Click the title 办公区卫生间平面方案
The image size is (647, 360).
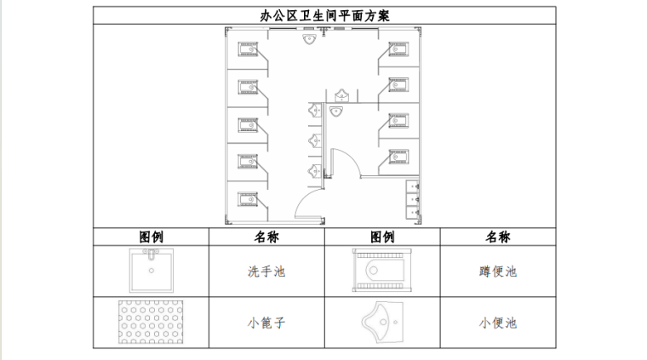click(323, 15)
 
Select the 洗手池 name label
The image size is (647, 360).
click(266, 272)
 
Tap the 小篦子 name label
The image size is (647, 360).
click(266, 323)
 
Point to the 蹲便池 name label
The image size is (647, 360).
click(497, 272)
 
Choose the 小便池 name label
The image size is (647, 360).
click(497, 323)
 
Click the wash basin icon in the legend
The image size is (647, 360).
click(152, 271)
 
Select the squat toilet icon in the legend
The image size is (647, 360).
click(381, 271)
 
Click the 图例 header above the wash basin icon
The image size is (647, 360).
click(152, 237)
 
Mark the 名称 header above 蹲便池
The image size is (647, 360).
click(497, 237)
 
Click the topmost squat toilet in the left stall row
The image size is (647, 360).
click(249, 48)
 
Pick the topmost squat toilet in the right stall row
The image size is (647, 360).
click(398, 49)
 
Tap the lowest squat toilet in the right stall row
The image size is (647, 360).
click(398, 157)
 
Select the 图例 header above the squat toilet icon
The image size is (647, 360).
click(381, 237)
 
